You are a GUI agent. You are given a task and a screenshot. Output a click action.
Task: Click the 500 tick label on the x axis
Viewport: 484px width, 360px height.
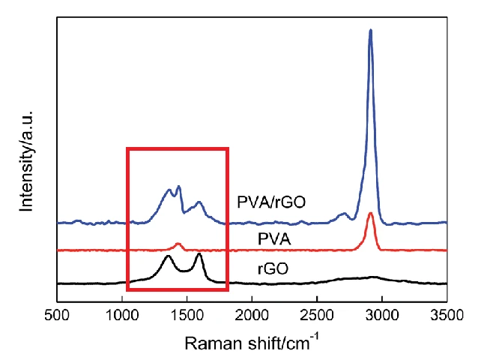57,316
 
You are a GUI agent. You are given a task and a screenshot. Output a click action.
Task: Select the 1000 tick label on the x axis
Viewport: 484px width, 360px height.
122,316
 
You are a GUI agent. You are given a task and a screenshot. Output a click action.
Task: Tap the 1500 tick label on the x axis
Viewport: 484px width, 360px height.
187,316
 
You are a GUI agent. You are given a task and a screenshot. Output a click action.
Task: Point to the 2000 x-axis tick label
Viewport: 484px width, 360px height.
252,316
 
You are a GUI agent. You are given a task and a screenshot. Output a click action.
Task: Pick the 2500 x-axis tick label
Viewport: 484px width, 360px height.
317,316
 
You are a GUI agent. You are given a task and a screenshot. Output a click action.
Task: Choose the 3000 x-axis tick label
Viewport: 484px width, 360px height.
382,316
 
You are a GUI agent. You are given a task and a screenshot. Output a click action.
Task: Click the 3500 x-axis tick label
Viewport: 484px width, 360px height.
447,316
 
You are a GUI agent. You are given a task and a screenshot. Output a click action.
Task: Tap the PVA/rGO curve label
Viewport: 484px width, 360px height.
271,202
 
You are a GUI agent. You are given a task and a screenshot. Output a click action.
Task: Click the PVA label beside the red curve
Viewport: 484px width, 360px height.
275,238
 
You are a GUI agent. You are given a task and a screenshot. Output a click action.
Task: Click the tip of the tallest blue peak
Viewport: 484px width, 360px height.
370,31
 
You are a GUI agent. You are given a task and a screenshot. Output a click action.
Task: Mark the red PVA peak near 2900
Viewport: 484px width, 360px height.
370,214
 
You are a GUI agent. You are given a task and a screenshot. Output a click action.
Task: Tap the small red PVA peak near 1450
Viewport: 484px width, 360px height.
178,244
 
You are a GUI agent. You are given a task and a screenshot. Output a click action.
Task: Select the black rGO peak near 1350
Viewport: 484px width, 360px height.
168,256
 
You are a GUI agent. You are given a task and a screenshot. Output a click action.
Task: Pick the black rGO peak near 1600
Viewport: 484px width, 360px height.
199,254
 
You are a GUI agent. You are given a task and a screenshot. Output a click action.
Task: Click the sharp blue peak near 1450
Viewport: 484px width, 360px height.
178,186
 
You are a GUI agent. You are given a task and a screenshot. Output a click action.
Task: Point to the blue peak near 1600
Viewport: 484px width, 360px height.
199,202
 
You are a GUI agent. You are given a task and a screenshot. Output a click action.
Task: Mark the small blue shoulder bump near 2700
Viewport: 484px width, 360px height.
344,214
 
